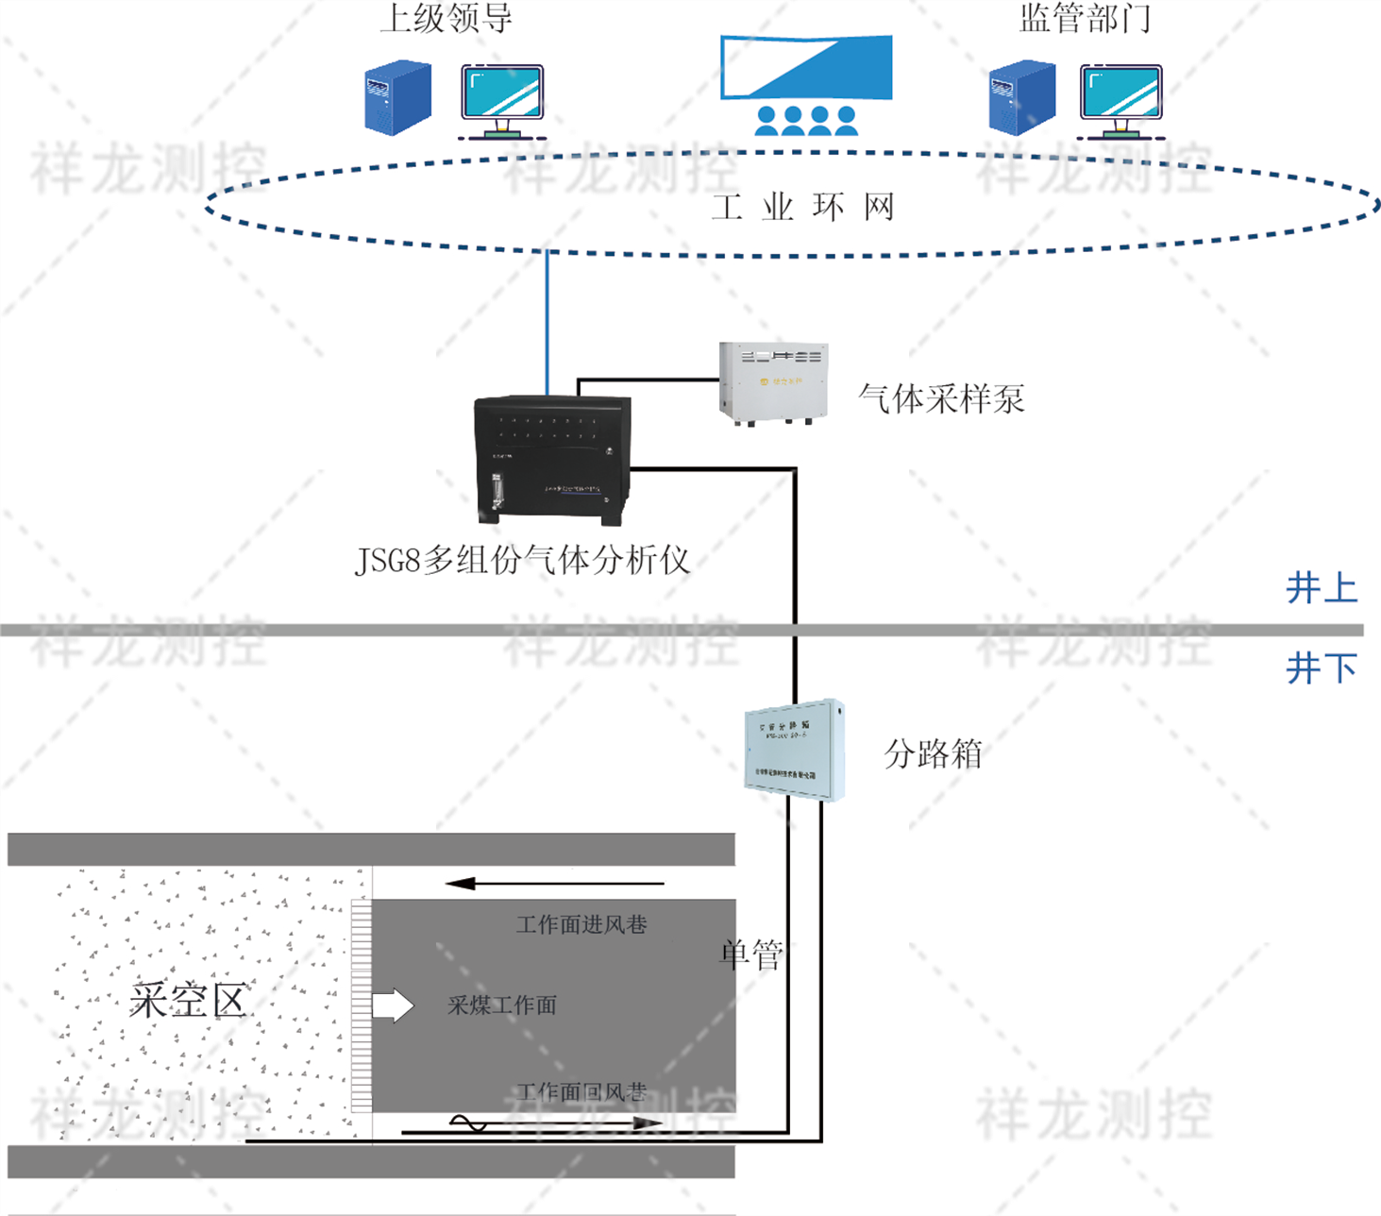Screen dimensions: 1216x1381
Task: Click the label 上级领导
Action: [446, 18]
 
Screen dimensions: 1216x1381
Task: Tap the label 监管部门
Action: [1085, 18]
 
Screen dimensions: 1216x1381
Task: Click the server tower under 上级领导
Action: [397, 97]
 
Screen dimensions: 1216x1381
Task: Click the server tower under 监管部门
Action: [1021, 97]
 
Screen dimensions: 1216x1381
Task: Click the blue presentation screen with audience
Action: [806, 82]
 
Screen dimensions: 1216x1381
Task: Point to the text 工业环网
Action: [802, 207]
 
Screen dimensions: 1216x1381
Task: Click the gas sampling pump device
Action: [773, 382]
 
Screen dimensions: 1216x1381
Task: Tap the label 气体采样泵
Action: [941, 398]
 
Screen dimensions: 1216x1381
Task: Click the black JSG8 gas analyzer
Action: [552, 459]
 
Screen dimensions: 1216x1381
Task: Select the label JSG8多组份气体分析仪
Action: [522, 561]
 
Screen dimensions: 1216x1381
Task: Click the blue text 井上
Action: [1321, 588]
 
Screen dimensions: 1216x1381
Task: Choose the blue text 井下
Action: [1321, 668]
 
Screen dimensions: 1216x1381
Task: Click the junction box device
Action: [794, 750]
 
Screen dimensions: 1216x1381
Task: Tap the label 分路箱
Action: [933, 754]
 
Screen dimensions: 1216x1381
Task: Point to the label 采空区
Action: [187, 1001]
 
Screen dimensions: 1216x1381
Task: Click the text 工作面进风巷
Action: [581, 924]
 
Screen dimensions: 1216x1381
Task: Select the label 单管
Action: [751, 954]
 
